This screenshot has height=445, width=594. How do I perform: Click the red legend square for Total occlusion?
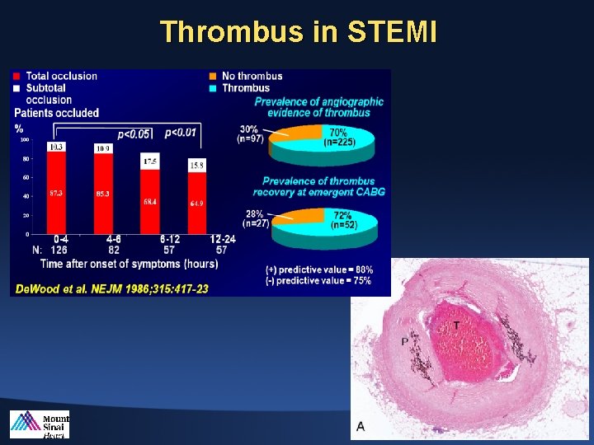[x=16, y=76]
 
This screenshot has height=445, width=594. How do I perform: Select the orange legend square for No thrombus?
[x=214, y=76]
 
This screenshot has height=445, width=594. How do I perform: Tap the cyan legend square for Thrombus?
[x=214, y=88]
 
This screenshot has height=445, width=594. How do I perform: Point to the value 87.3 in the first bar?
[x=56, y=192]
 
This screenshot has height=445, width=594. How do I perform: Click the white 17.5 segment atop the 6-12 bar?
[x=150, y=162]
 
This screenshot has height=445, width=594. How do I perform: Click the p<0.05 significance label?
[x=134, y=134]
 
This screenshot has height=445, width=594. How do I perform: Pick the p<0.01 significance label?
[x=181, y=132]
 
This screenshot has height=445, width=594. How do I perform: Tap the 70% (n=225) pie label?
[x=337, y=136]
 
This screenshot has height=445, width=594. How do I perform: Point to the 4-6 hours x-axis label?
[x=102, y=239]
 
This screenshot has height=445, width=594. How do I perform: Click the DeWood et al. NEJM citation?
[x=110, y=288]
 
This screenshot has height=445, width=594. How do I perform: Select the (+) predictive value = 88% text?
[x=318, y=269]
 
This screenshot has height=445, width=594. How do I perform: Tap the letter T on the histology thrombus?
[x=456, y=327]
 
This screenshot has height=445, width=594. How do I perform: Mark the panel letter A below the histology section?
[x=361, y=426]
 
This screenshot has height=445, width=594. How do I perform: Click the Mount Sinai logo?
[x=40, y=424]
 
